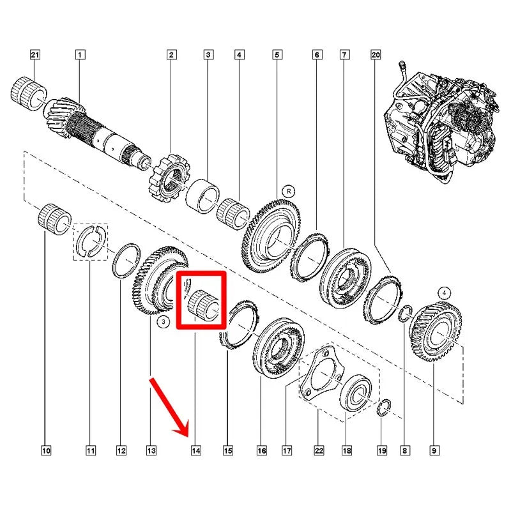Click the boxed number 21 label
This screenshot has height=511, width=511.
pos(35,54)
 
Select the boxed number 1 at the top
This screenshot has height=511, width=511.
pos(80,54)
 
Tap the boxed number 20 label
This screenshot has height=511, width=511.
pos(376,54)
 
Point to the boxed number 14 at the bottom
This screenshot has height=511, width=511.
pos(195,451)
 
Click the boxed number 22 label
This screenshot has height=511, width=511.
pos(319,451)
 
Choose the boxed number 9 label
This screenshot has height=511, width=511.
pos(434,451)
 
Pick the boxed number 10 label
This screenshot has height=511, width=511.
pos(46,451)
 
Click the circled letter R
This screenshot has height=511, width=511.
pos(289,191)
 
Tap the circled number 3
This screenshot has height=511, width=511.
pos(164,322)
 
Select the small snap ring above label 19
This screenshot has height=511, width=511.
pos(385,408)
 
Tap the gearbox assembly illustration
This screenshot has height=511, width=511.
pos(441,121)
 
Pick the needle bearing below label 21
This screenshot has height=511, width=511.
pos(29,93)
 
